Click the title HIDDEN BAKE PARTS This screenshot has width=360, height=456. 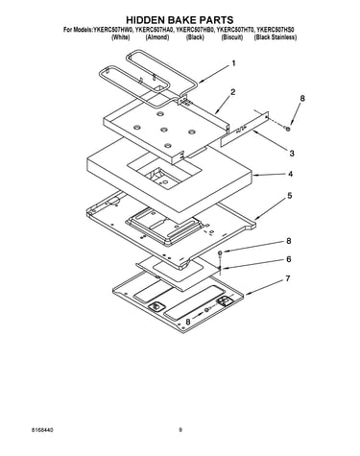180,20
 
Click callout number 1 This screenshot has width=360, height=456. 233,63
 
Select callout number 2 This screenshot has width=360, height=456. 233,92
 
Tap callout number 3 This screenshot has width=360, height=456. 292,154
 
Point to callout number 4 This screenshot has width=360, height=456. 290,174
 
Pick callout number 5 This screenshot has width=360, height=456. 290,195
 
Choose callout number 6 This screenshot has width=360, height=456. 289,259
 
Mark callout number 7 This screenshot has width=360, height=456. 288,278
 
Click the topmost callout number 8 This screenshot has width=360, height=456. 302,98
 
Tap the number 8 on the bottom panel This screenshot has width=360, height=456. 188,322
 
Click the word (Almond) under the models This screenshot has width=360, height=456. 157,37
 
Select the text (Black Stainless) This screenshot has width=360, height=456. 276,37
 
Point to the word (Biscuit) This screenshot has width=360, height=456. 232,37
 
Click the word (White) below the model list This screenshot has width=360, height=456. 121,37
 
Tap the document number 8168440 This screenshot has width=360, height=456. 42,430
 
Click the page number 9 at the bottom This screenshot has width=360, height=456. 180,430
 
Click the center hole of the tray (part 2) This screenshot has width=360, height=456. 164,130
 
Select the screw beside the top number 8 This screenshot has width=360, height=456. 288,129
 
